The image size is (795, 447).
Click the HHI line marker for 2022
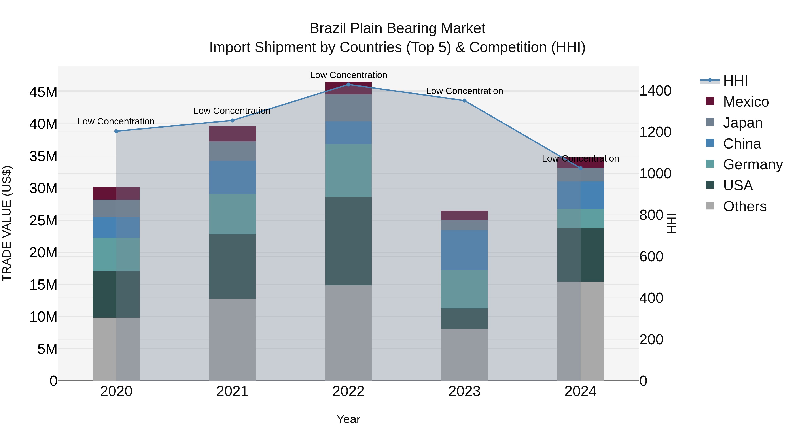point(348,84)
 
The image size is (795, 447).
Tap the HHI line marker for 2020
point(116,131)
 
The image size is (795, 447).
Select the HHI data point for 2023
point(464,101)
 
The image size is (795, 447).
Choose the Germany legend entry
point(752,164)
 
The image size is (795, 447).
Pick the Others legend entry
point(744,206)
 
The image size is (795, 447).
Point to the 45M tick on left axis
point(43,92)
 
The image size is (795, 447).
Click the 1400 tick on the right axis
point(655,91)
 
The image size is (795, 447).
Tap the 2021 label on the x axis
point(232,391)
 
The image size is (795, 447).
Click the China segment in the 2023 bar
point(464,250)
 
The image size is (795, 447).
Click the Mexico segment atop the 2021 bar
point(232,134)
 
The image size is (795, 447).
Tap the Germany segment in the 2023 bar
point(464,289)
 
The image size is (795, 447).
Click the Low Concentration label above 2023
point(464,91)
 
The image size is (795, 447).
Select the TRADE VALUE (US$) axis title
point(7,223)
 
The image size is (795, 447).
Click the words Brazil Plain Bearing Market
point(397,28)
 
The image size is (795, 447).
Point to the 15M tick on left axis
point(43,285)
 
